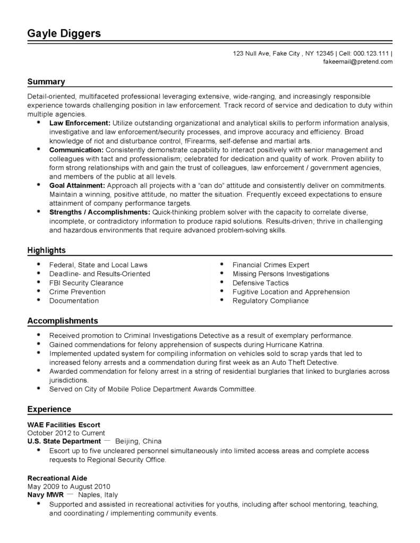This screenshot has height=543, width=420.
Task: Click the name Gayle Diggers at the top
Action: (64, 33)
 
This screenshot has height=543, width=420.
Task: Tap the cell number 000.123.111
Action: (371, 53)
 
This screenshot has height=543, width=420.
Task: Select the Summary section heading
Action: (46, 82)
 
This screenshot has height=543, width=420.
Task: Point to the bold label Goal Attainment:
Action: (78, 186)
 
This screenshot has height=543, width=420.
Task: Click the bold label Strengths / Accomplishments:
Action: (100, 212)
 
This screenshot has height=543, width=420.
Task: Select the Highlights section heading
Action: (47, 250)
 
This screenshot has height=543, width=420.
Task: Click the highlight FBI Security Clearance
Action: (86, 283)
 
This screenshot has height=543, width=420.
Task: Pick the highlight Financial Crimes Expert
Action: (271, 265)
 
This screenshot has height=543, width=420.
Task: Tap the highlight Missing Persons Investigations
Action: (281, 274)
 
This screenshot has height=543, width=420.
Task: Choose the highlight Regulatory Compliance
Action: (270, 301)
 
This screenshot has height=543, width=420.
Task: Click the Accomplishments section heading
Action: (63, 321)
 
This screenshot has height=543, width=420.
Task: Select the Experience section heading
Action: (49, 409)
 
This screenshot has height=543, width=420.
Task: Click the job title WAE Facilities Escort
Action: (64, 425)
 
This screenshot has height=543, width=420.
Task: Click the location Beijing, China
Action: (138, 441)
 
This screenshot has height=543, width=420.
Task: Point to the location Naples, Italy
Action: (98, 494)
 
